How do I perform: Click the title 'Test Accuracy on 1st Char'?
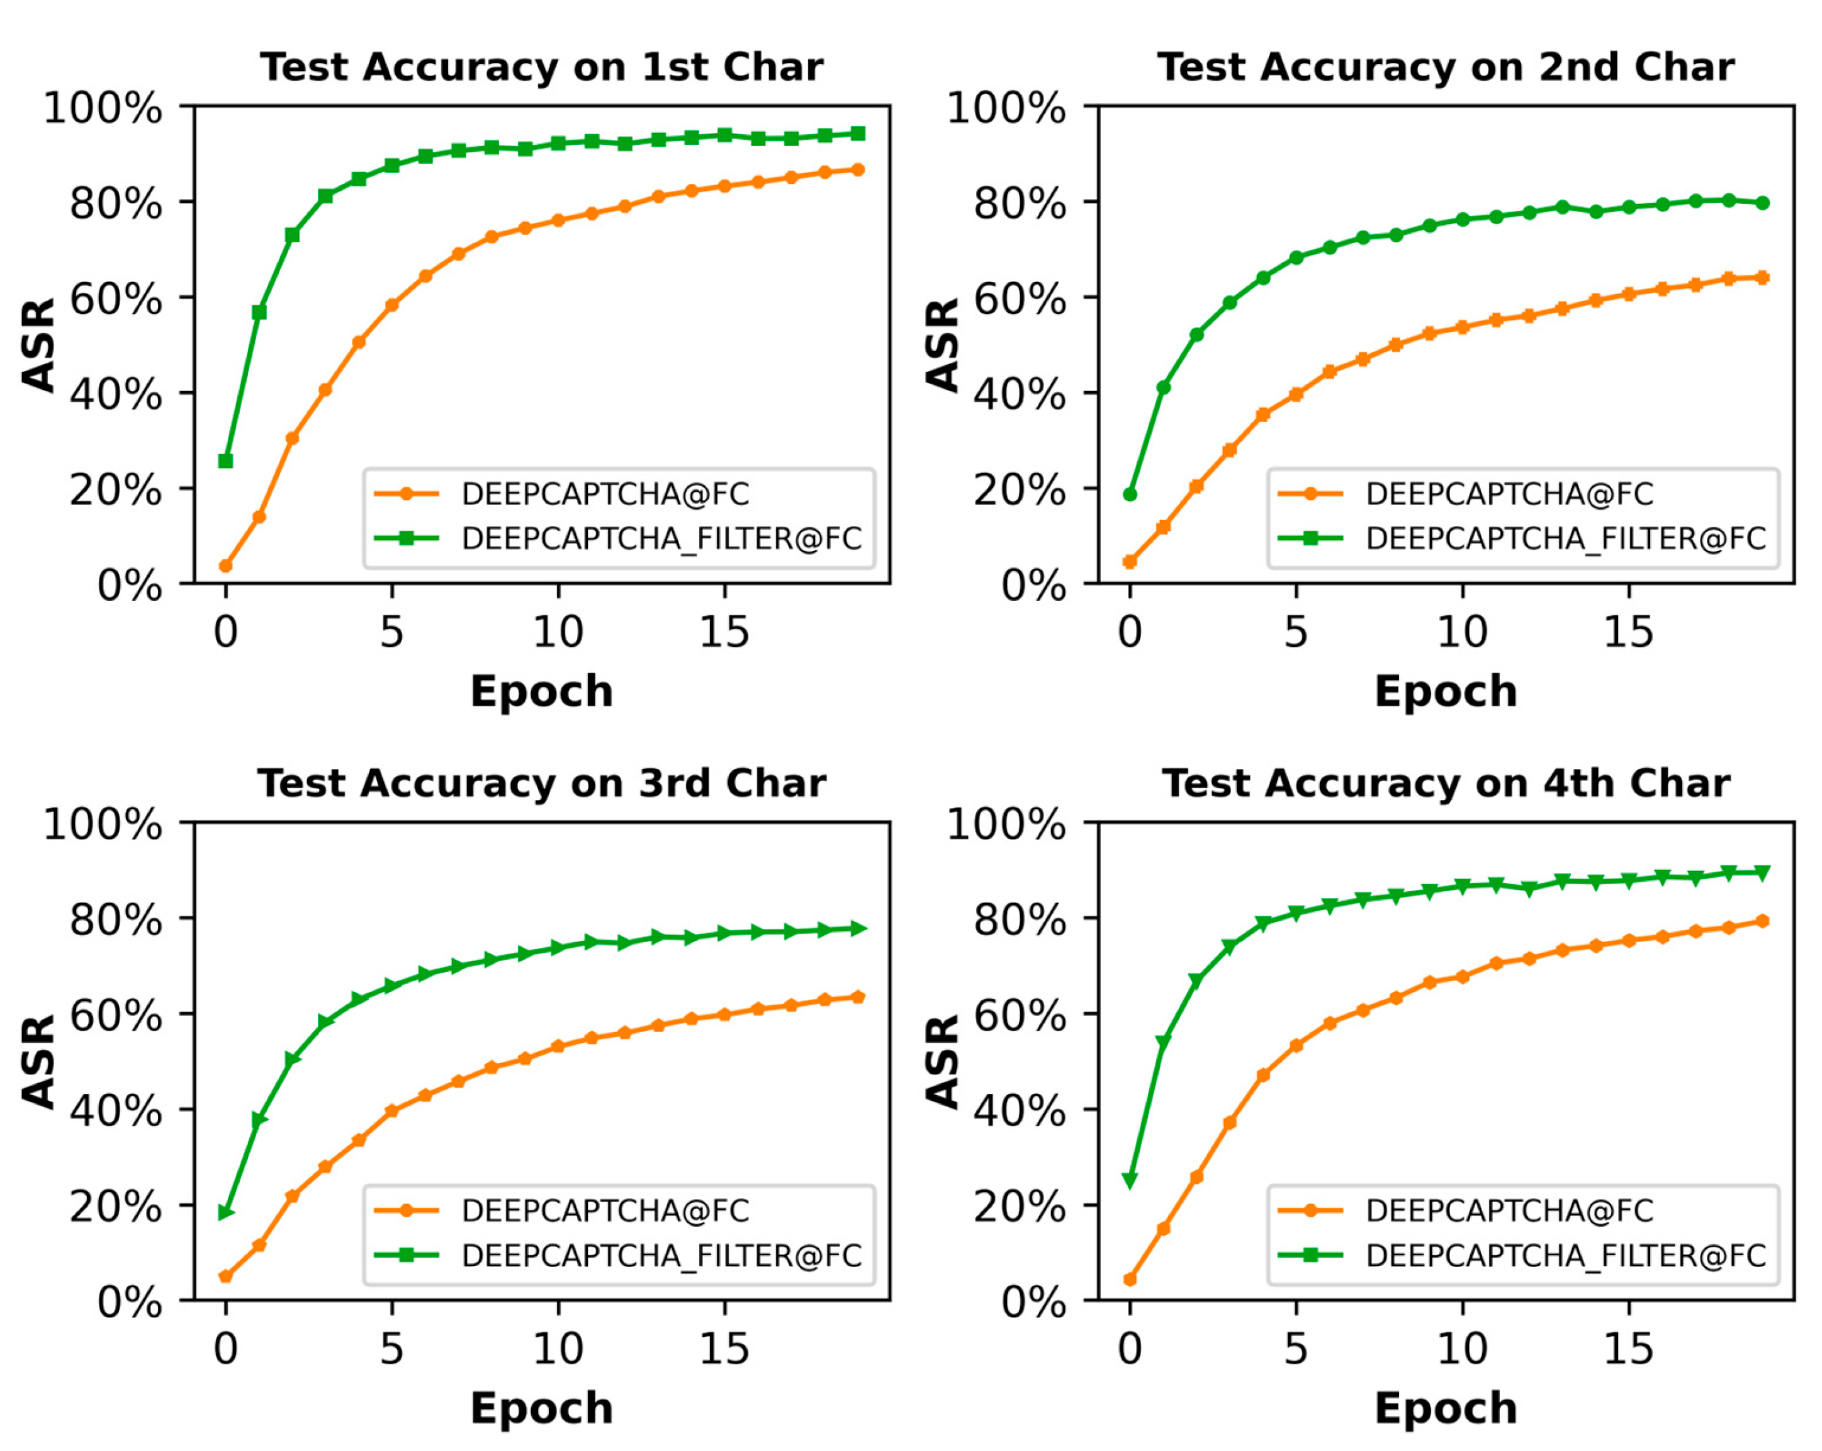[541, 67]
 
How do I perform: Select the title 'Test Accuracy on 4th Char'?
[1445, 784]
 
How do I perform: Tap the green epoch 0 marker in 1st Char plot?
[226, 461]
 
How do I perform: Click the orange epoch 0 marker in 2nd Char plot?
[1130, 562]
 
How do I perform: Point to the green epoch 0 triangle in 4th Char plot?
[1130, 1180]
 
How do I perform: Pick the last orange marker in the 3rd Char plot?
[858, 998]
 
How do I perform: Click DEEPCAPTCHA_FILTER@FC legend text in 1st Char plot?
[661, 538]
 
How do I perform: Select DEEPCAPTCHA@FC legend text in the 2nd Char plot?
[1509, 494]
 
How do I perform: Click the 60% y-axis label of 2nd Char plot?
[1019, 299]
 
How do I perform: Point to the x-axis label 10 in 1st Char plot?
[558, 632]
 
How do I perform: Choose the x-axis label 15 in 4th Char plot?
[1629, 1349]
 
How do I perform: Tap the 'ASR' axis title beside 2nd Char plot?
[942, 345]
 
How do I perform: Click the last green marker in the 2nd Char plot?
[1762, 203]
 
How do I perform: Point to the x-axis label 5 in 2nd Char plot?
[1295, 632]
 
